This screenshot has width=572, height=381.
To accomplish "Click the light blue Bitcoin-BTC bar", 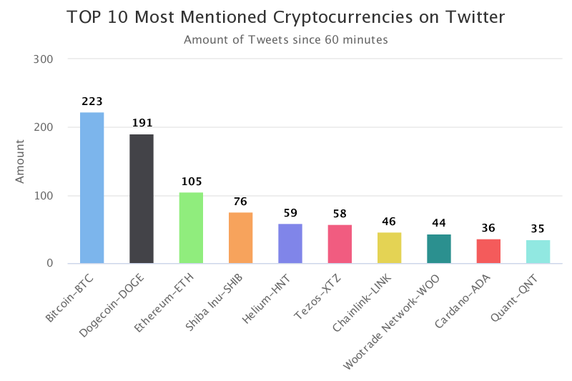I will point(92,188).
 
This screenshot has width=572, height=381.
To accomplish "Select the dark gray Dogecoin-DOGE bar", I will point(141,199).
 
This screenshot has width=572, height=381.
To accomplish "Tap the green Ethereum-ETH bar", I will point(191,228).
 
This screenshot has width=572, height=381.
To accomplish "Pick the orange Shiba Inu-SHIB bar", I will point(240,238).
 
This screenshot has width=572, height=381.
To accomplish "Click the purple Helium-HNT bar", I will point(290,244).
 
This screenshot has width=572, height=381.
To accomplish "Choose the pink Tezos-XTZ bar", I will point(340,244).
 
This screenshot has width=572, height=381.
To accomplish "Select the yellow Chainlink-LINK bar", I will point(389,248).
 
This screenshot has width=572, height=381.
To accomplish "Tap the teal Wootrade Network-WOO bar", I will point(439,249).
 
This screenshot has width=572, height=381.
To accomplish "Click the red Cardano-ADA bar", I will point(488,252).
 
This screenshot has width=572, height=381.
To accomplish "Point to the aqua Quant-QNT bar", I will point(538,252).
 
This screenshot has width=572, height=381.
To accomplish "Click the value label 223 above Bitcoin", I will point(92,102).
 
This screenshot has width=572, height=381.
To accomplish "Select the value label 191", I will point(142,123).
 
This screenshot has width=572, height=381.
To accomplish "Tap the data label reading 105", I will point(191,182).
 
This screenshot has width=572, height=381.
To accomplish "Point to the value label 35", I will point(538,229).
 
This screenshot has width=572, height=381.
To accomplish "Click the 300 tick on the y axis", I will point(44,59).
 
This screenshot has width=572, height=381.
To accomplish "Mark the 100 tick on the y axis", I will point(44,195).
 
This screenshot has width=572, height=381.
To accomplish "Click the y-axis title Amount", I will point(21,162).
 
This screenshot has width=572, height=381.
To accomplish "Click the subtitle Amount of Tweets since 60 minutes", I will point(286,40).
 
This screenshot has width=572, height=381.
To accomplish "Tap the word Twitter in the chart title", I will point(475,18).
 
